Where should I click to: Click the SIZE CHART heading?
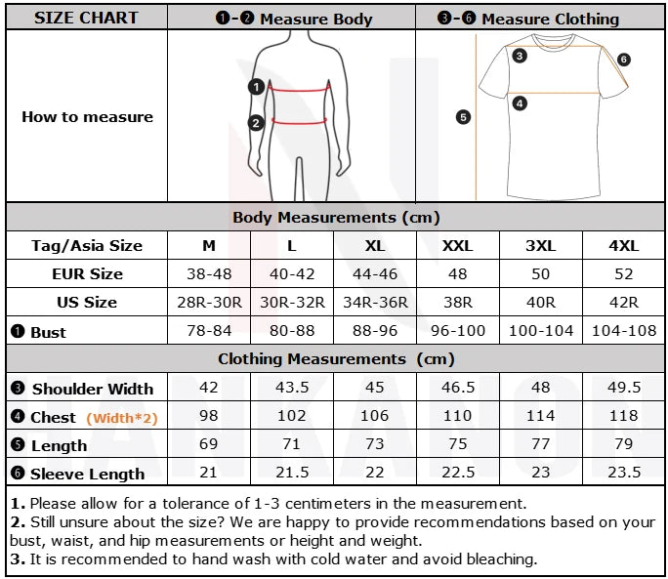[x=86, y=18]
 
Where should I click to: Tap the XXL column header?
[x=457, y=246]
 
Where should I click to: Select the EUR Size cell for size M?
[x=209, y=274]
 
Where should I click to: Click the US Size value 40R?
[x=541, y=302]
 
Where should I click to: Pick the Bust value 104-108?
[x=624, y=331]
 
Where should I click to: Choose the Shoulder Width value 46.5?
[x=458, y=388]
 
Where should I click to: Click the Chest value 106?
[x=374, y=415]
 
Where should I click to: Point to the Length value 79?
[x=624, y=444]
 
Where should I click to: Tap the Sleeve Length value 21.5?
[x=292, y=472]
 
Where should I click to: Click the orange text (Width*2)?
[x=122, y=418]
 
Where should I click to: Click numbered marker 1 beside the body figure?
[x=256, y=87]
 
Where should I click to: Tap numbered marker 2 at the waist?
[x=256, y=123]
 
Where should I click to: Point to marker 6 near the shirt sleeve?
[x=623, y=60]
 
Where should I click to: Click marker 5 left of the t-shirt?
[x=463, y=117]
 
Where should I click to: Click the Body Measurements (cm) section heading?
[x=336, y=218]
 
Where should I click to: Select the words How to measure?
[x=87, y=117]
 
